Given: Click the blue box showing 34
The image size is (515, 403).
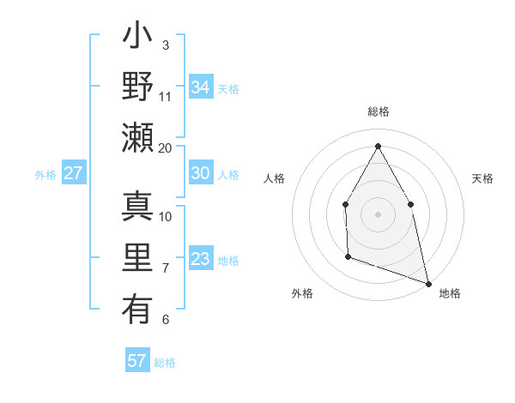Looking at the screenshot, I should point(201,87).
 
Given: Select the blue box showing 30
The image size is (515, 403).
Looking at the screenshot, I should point(201,173).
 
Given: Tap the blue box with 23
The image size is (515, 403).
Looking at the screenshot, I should point(201,259).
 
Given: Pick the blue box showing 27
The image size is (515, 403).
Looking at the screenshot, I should point(74,173).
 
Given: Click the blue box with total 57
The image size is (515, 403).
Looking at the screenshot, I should point(137,361).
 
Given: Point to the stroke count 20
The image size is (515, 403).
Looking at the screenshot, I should point(166,147).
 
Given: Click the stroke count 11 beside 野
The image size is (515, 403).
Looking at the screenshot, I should point(166,96).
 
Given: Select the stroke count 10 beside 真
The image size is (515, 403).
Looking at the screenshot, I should point(166,216).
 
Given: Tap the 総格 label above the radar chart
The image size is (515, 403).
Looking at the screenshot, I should point(379,112).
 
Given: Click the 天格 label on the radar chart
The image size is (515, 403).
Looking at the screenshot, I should point(482,178).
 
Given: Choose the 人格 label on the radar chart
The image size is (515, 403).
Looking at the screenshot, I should point(274,178).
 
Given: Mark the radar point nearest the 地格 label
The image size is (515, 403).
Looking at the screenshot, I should point(428,283).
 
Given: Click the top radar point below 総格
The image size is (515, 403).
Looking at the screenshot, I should point(378,146).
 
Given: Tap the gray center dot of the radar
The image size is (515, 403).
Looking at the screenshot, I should point(378,214).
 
